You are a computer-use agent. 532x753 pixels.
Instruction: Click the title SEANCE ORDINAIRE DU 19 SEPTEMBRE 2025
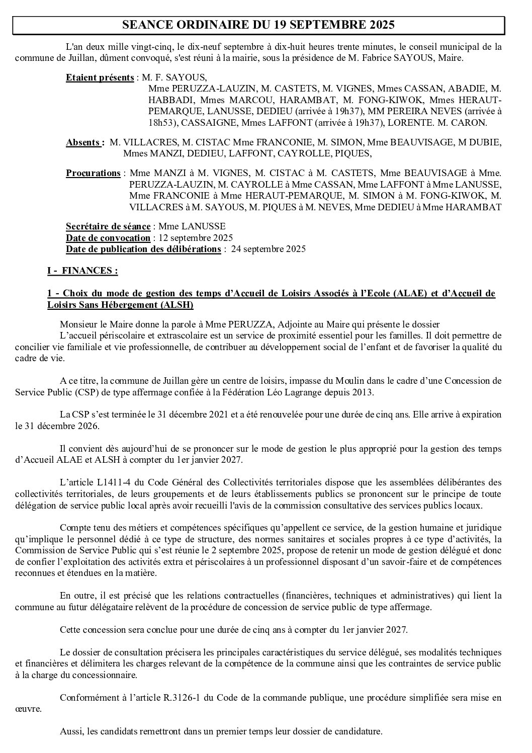tap(259, 25)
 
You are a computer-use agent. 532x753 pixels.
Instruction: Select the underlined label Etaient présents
tap(100, 78)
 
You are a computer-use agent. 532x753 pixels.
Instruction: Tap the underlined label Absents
tap(84, 143)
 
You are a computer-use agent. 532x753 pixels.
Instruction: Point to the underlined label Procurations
tap(93, 174)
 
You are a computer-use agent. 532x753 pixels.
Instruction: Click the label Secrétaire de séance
tap(108, 226)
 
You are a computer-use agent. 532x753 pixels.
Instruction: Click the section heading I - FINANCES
tap(82, 271)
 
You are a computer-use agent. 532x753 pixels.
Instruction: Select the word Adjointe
tap(268, 324)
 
